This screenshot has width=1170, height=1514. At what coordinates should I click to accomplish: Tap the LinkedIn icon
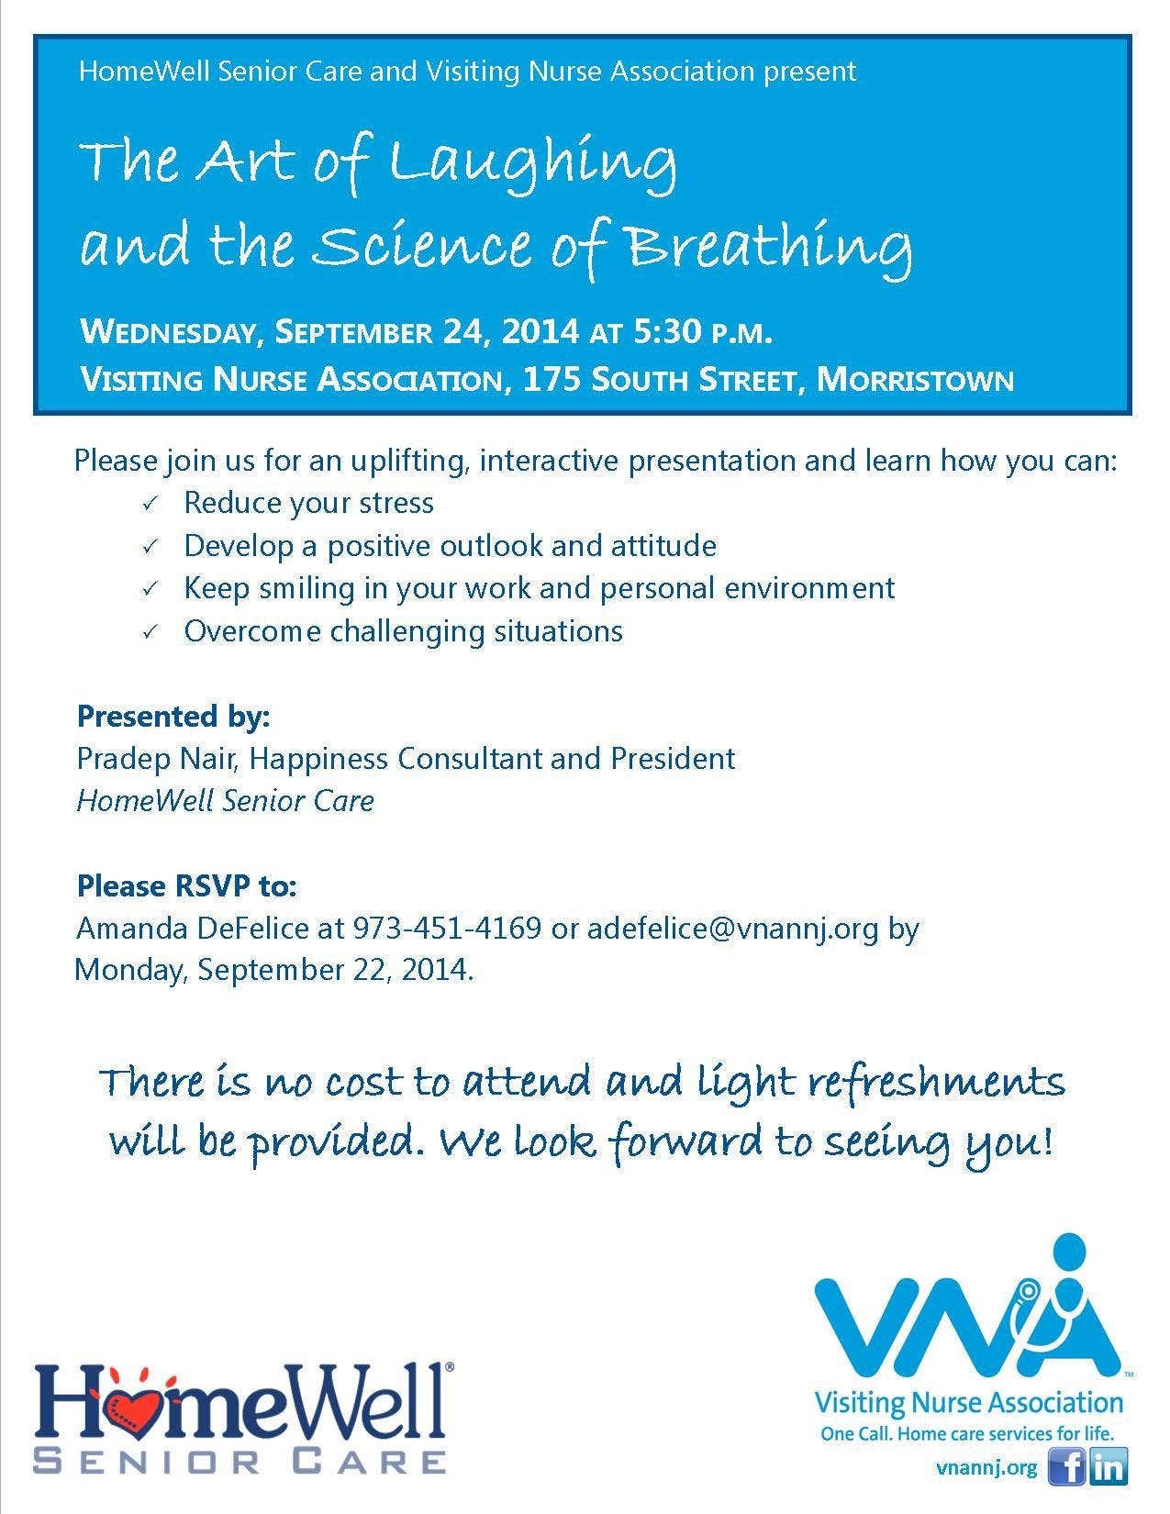[x=1109, y=1467]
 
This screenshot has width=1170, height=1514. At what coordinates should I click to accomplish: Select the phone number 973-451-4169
[x=446, y=928]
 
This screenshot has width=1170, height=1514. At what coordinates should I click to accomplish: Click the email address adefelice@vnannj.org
[x=732, y=928]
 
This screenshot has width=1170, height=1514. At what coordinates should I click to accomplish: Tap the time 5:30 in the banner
[x=667, y=330]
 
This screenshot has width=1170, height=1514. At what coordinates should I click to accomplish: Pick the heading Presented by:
[x=173, y=716]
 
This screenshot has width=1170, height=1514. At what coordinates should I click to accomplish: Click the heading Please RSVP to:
[x=186, y=885]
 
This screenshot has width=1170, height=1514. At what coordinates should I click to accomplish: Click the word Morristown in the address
[x=915, y=379]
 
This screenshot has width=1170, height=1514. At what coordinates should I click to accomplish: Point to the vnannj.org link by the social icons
[x=986, y=1467]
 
